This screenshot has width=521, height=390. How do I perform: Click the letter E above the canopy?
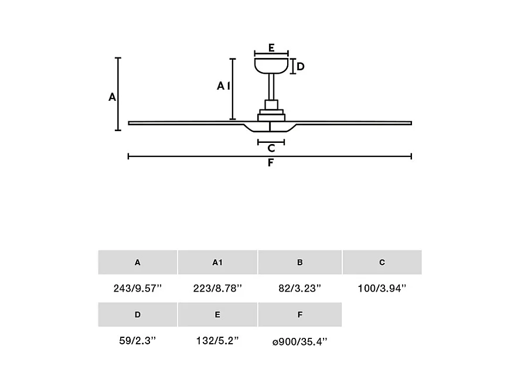pos(271,48)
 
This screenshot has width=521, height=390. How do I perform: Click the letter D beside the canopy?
pos(301,67)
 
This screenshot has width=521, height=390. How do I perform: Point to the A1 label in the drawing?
pos(224,86)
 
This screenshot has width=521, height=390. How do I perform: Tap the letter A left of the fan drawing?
pos(113,97)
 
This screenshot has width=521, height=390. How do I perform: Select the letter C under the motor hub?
pos(271,148)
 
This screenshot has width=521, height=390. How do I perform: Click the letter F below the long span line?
pos(271,163)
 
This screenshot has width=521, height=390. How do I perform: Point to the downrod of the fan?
pos(271,87)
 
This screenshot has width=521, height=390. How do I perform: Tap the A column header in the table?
pos(138,262)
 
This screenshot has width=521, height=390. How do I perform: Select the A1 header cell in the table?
pos(217,262)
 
